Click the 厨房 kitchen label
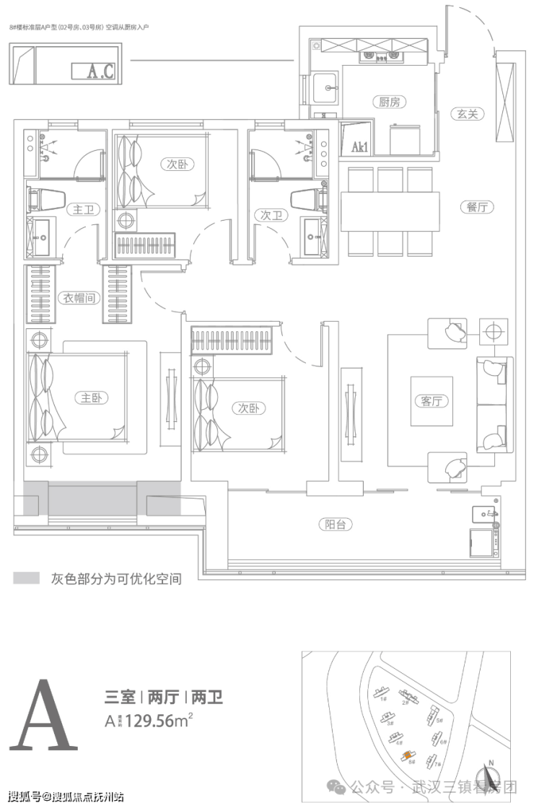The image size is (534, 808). (x=389, y=102)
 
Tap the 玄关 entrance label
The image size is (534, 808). (x=468, y=113)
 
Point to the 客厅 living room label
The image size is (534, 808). (x=431, y=401)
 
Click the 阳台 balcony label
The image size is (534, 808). (x=336, y=524)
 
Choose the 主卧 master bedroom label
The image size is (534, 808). (x=90, y=398)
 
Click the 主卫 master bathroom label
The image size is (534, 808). (x=79, y=210)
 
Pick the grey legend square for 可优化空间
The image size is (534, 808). (x=26, y=579)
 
